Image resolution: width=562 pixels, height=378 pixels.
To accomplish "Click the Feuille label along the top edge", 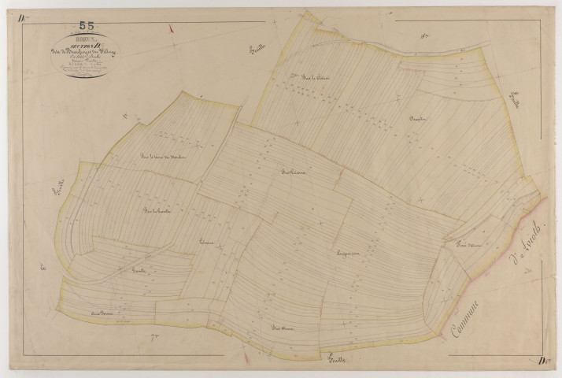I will click(x=255, y=51).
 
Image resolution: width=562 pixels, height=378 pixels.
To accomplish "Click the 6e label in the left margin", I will click(x=43, y=269).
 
